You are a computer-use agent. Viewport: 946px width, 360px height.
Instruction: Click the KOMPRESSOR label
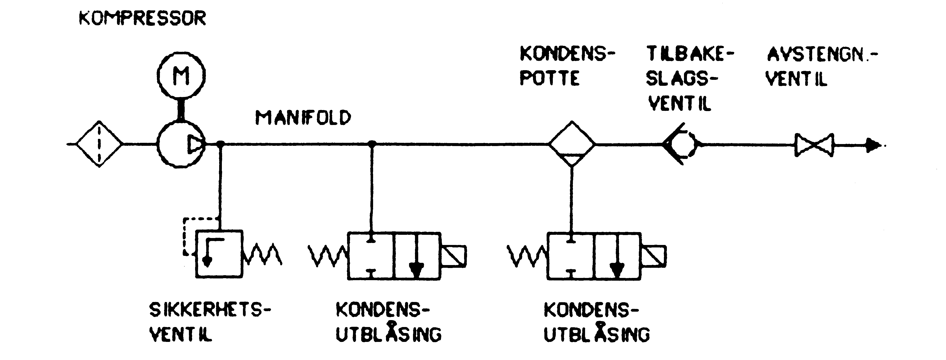143,18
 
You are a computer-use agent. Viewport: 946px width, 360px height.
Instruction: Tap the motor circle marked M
181,75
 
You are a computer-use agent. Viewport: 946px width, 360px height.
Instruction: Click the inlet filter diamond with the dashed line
99,144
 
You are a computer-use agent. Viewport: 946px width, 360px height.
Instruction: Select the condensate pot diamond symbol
571,144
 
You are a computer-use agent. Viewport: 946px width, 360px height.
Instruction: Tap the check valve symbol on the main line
682,144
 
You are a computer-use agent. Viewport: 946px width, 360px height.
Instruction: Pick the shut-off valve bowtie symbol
814,145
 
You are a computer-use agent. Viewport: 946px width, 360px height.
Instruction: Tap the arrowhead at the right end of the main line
874,145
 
